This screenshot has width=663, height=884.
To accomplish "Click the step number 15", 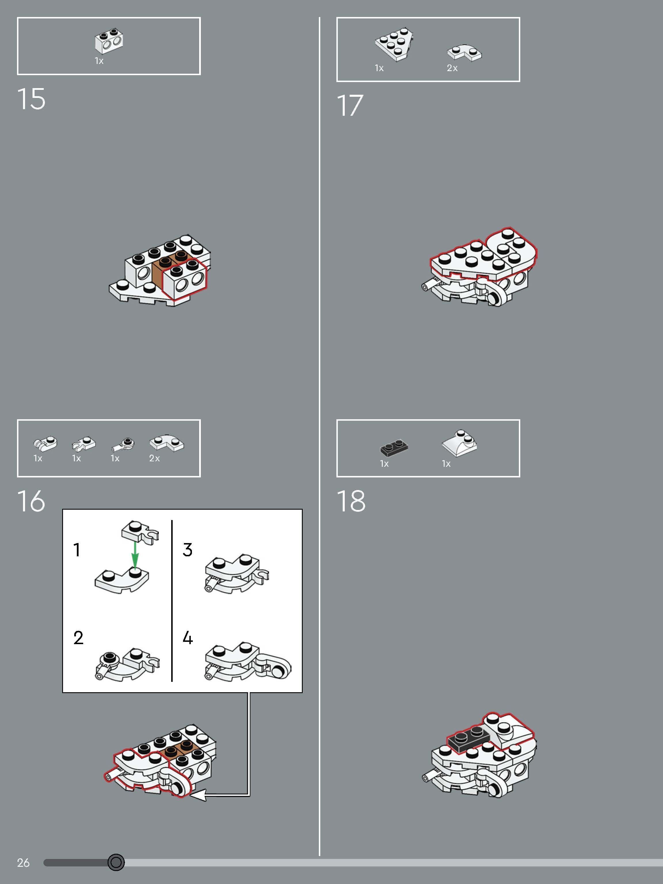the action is pos(31,99).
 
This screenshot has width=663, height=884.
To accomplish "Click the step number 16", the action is pos(31,501).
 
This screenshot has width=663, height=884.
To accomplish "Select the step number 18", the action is pos(351,501).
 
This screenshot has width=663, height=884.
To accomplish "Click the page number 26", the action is pos(23,863).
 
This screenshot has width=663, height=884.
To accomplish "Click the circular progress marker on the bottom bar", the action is pos(116,862).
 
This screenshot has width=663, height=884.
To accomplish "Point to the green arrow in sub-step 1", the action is pos(135,555).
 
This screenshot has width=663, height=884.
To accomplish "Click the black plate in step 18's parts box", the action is pos(394,448).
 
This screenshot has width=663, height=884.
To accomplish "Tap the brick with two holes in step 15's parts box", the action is pos(109,41).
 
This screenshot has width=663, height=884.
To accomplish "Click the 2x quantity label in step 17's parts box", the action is pos(452,68).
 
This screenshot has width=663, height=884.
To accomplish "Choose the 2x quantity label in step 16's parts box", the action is pos(154,458).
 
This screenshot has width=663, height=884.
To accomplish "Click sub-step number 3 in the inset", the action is pos(187,550).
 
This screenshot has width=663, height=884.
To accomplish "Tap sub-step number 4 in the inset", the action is pos(188,638).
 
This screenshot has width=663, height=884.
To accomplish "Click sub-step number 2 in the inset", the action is pos(78,638).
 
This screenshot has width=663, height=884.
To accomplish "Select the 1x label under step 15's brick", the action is pos(99,61).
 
